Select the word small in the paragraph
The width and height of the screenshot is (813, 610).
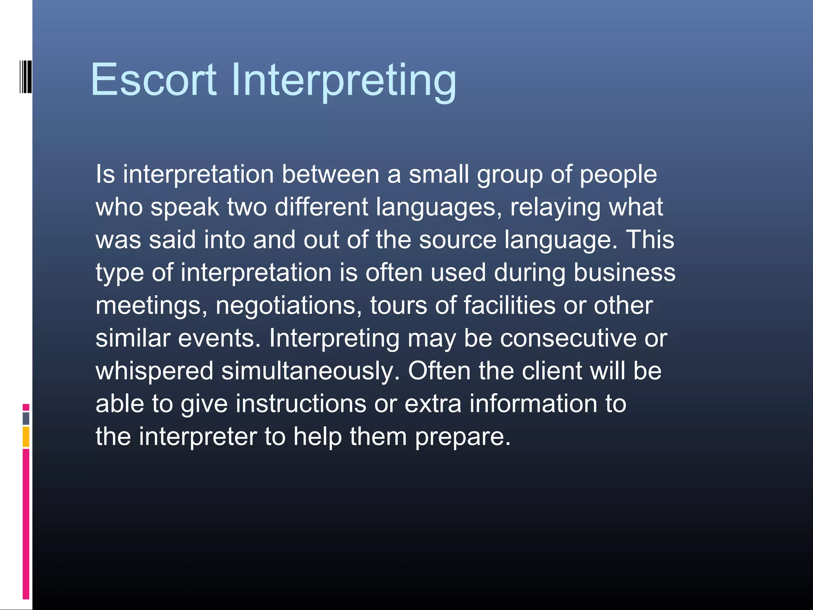pos(439,174)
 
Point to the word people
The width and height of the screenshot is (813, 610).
pos(618,176)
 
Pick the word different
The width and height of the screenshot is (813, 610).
pos(322,207)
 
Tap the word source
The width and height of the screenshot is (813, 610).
pos(457,240)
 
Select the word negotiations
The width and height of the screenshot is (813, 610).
pos(289,306)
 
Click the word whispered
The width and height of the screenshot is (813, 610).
pos(155,372)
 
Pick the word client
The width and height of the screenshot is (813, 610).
pos(552,371)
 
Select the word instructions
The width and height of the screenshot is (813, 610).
pos(301,404)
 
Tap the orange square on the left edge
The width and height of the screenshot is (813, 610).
pos(26,436)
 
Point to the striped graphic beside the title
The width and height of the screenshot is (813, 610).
pos(26,77)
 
